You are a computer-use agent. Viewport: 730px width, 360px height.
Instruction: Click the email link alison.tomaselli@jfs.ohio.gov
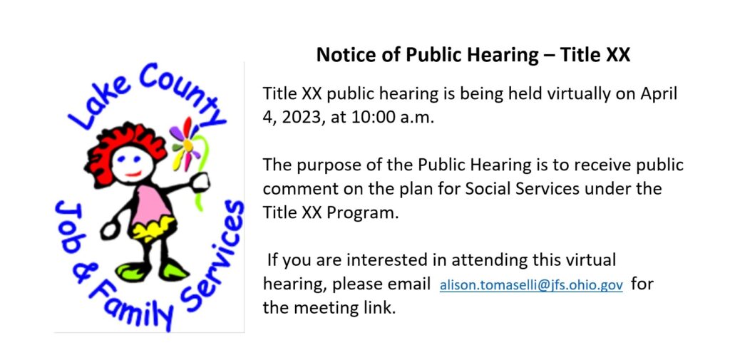point(531,285)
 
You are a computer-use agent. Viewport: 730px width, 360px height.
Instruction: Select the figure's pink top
point(148,204)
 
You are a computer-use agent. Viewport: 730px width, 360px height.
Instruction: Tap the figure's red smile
point(133,174)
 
